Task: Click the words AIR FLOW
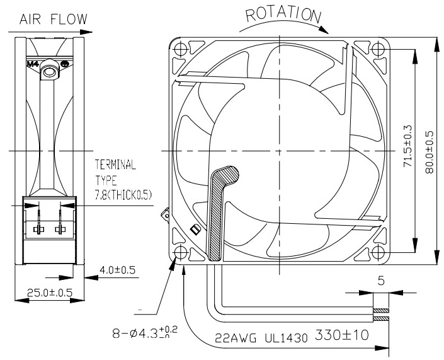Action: [x=54, y=19]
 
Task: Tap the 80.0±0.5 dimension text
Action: [x=430, y=152]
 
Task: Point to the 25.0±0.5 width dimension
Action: [x=50, y=293]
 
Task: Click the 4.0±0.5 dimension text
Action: [x=117, y=270]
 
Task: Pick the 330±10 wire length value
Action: [x=342, y=335]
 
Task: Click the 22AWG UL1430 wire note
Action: [x=261, y=337]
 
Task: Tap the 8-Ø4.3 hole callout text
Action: [x=145, y=332]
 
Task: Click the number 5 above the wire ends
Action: [x=381, y=281]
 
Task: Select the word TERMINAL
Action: [x=115, y=165]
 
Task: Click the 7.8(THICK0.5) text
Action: [x=123, y=195]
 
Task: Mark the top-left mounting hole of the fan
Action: [x=180, y=49]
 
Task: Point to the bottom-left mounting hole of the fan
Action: [x=180, y=252]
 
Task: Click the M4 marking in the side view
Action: [x=33, y=64]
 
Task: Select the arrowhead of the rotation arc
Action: [x=324, y=30]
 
